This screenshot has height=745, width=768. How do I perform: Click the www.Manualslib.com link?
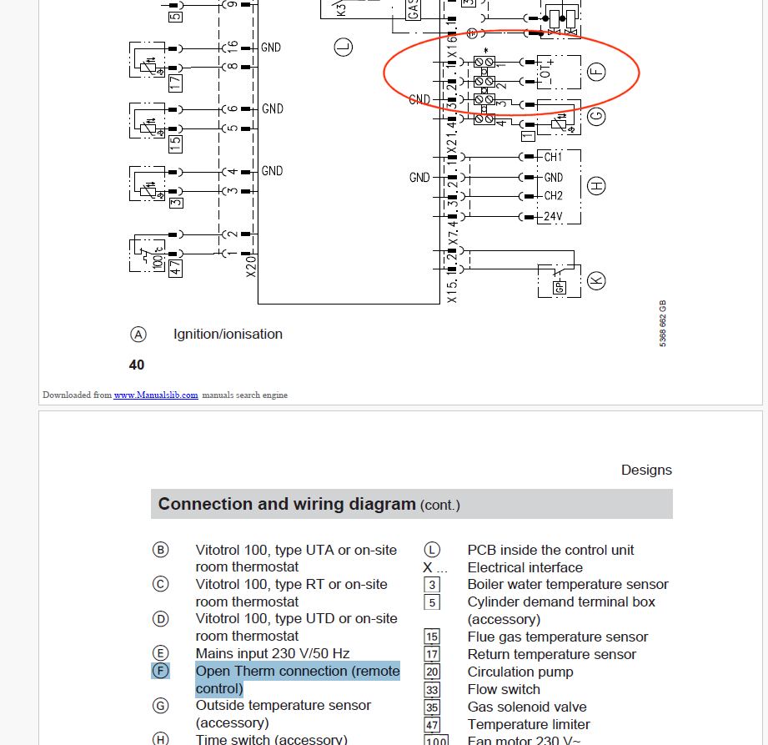tap(156, 395)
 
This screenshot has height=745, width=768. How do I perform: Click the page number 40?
tap(137, 365)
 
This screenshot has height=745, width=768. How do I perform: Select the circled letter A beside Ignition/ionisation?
tap(138, 335)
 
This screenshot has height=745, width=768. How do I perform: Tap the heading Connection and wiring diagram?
tap(286, 504)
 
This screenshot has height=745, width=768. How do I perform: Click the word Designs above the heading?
tap(646, 470)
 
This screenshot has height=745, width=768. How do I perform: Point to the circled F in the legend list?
tap(160, 671)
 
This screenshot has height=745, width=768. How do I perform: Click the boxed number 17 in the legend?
tap(432, 655)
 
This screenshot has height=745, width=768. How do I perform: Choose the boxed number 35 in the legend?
tap(432, 707)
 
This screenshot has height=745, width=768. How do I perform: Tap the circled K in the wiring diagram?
tap(596, 280)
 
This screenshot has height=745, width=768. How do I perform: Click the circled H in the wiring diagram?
tap(596, 186)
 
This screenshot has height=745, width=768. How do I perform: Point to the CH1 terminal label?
tap(553, 157)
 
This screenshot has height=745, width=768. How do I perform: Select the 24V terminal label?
tap(553, 217)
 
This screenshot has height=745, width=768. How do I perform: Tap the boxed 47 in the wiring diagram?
tap(176, 267)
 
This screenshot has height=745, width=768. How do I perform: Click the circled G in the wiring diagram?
tap(595, 117)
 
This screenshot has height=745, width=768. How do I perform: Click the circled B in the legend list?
tap(160, 550)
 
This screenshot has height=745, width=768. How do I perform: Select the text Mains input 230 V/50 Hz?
tap(272, 653)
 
